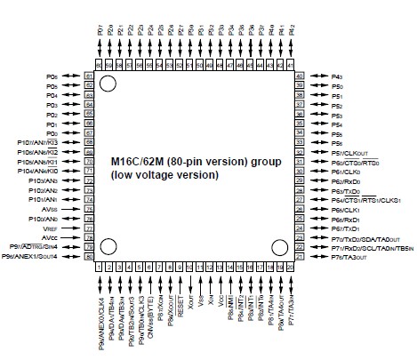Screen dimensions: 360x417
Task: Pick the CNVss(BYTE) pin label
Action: tap(145, 299)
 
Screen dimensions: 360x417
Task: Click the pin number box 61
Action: tap(89, 76)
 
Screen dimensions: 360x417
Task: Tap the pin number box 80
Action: tap(89, 256)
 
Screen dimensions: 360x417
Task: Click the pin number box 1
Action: tap(99, 266)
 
